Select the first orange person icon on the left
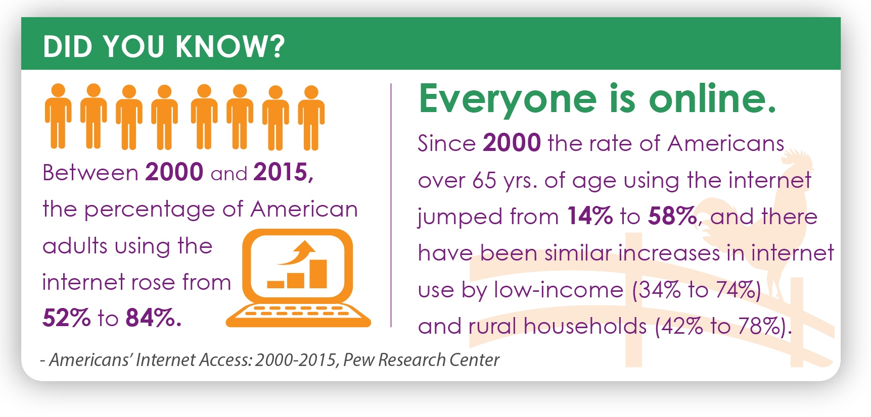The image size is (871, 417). click(x=58, y=117)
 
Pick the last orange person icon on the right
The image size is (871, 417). click(x=311, y=118)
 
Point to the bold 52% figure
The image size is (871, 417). click(x=66, y=318)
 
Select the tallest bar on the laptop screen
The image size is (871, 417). click(x=318, y=274)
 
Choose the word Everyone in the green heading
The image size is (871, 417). click(x=508, y=100)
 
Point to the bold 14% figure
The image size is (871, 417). click(x=590, y=217)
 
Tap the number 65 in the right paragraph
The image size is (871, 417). click(x=484, y=181)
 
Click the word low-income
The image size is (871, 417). click(x=558, y=290)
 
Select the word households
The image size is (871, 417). click(x=585, y=326)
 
